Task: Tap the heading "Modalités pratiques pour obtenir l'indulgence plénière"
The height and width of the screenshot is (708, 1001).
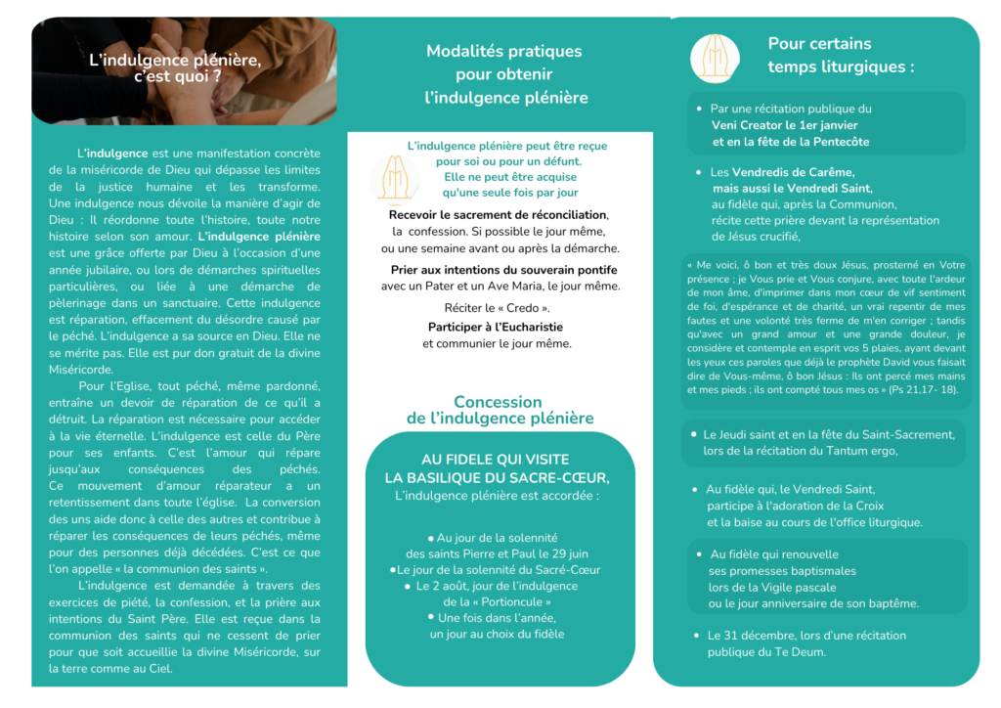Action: pos(504,74)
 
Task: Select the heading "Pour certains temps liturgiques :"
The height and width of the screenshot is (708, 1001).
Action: pos(841,55)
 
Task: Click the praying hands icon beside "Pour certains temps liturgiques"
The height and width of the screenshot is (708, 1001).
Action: pos(715,58)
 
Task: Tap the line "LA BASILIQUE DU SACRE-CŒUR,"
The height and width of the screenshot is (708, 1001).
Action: pos(497,477)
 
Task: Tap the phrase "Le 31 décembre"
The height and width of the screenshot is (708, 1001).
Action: pos(749,635)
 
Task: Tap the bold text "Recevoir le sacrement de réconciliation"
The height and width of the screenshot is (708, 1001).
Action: pos(498,214)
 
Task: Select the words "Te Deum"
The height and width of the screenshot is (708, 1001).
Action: pos(803,652)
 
